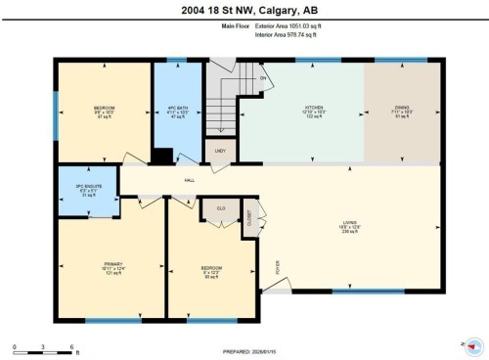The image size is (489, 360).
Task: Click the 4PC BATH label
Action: (176, 108)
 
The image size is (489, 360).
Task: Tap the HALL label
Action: (188, 180)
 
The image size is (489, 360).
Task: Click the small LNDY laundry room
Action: (218, 152)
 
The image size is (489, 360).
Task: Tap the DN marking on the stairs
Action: (263, 77)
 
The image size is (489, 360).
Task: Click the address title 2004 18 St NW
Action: (244, 11)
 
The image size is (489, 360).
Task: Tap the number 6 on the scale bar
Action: (73, 347)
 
